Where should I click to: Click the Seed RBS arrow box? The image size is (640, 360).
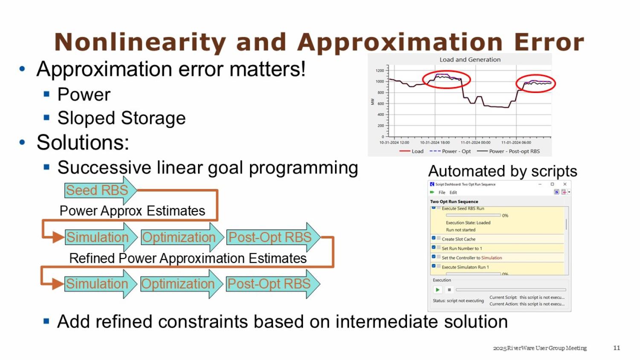pyautogui.click(x=97, y=190)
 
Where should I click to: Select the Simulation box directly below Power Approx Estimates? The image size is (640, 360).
pyautogui.click(x=98, y=237)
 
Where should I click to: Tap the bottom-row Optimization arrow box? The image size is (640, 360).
pyautogui.click(x=178, y=284)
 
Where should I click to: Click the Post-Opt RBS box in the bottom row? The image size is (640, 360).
pyautogui.click(x=269, y=284)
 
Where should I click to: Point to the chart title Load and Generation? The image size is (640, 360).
pyautogui.click(x=470, y=60)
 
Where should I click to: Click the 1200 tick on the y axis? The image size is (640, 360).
pyautogui.click(x=380, y=70)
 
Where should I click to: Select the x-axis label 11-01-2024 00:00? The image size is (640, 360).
pyautogui.click(x=475, y=142)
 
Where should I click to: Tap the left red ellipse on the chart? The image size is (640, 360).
pyautogui.click(x=446, y=80)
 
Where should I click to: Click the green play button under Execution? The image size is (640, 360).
pyautogui.click(x=437, y=290)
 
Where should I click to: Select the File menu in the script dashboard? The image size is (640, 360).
pyautogui.click(x=442, y=192)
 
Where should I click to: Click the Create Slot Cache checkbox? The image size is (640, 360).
pyautogui.click(x=433, y=238)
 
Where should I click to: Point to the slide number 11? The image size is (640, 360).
pyautogui.click(x=617, y=348)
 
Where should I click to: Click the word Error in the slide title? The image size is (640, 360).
pyautogui.click(x=549, y=42)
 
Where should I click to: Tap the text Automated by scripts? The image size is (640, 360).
pyautogui.click(x=502, y=171)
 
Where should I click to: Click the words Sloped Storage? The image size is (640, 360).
pyautogui.click(x=122, y=118)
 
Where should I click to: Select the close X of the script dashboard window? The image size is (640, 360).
pyautogui.click(x=564, y=184)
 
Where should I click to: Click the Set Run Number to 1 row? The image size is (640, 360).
pyautogui.click(x=462, y=248)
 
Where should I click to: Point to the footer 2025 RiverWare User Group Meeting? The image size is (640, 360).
pyautogui.click(x=540, y=348)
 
